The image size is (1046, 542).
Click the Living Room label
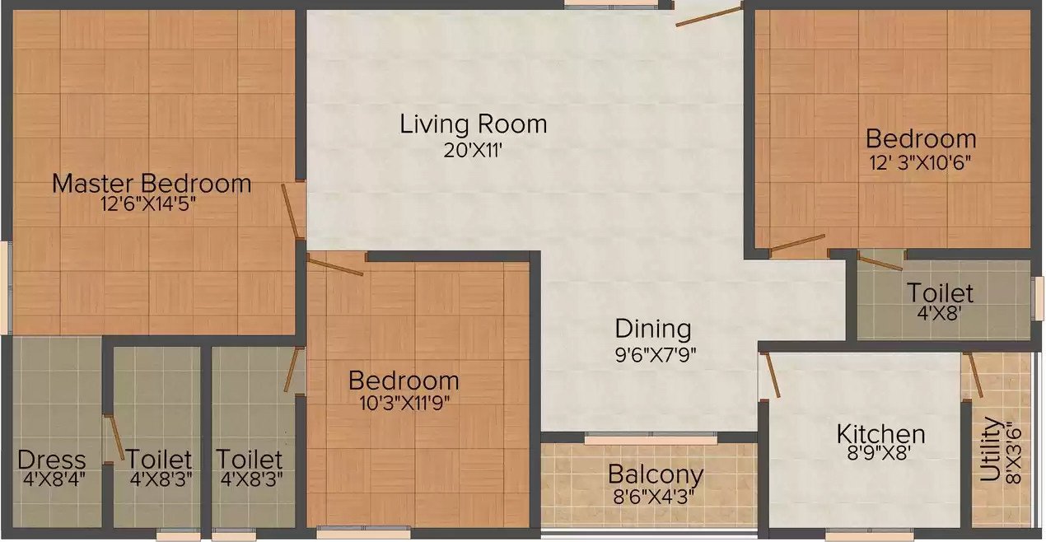(474, 124)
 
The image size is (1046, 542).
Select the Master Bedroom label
(152, 183)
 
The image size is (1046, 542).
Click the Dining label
(653, 329)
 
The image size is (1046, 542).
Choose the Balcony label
(656, 474)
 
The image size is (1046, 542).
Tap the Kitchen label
(880, 433)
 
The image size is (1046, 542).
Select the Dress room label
(52, 460)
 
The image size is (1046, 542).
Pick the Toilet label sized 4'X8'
(940, 292)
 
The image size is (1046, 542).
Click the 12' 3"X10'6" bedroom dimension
(920, 161)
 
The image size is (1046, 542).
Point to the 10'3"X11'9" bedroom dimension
(403, 402)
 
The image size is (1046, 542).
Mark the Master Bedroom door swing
(291, 210)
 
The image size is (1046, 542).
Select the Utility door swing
(974, 376)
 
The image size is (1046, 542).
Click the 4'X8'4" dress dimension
(52, 479)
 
